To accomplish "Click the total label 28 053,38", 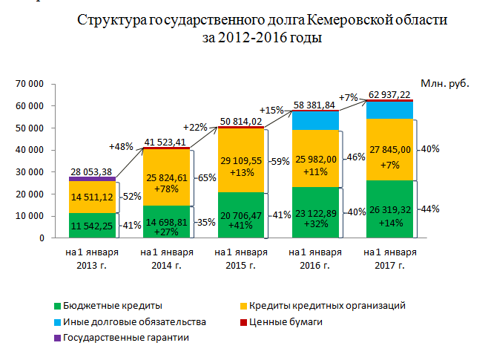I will point(92,171).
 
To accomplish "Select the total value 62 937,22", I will point(386,94).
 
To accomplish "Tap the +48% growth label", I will point(121,146).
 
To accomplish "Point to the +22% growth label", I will point(196,127).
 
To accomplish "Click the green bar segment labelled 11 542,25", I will point(92,225).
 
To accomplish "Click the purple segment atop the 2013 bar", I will point(92,179).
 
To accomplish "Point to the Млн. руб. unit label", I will point(445,85).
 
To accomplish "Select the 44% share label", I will point(429,209).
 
